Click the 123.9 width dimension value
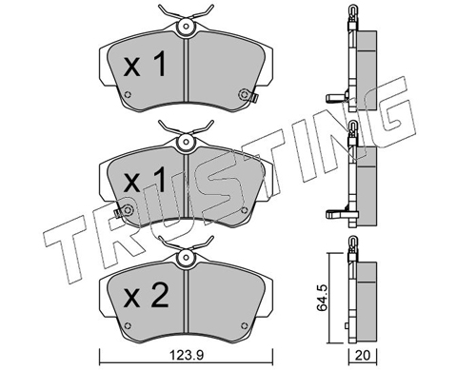click(x=186, y=356)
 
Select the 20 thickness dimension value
click(x=363, y=356)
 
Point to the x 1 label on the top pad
click(x=145, y=65)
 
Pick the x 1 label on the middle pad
click(x=145, y=180)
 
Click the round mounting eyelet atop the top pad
click(x=186, y=27)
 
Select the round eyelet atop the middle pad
click(x=186, y=142)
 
